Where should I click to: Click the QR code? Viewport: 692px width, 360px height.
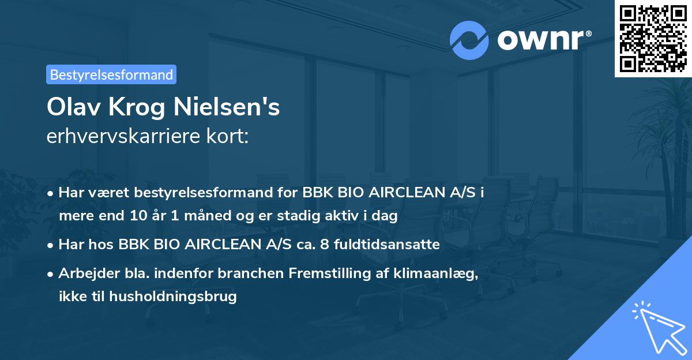click(x=653, y=38)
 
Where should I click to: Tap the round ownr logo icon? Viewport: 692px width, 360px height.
click(x=469, y=40)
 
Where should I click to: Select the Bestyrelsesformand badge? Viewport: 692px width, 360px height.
click(x=111, y=74)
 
